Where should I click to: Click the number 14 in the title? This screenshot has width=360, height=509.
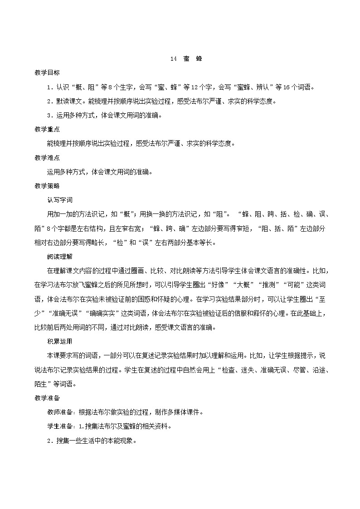pyautogui.click(x=173, y=59)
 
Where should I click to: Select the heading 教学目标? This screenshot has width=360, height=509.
pyautogui.click(x=47, y=73)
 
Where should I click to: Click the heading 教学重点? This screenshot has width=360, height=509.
pyautogui.click(x=47, y=130)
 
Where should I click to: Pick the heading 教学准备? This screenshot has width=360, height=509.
pyautogui.click(x=47, y=398)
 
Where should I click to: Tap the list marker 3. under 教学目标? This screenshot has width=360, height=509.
pyautogui.click(x=50, y=115)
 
